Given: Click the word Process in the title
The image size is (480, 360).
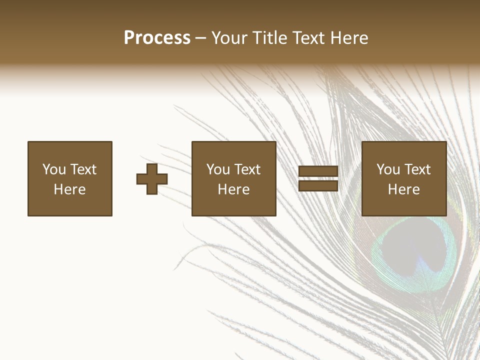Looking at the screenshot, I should click(157, 38).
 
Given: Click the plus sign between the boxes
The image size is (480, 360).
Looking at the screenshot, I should click(152, 179).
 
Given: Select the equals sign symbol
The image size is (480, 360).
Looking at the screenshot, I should click(318, 179).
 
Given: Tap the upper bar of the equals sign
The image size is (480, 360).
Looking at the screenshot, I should click(318, 171).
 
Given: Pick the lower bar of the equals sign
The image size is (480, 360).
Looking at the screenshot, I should click(318, 186).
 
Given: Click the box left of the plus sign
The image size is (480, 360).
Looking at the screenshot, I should click(70, 179).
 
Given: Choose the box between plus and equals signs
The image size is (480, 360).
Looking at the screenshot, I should click(233, 179).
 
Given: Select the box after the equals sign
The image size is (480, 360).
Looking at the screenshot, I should click(403, 179).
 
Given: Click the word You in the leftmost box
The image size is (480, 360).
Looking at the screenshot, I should click(54, 169).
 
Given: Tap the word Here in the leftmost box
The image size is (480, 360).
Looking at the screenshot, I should click(70, 189).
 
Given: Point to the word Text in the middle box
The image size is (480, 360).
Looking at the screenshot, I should click(247, 169).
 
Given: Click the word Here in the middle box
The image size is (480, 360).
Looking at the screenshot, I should click(233, 189).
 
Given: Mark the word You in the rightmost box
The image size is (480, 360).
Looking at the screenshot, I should click(388, 169).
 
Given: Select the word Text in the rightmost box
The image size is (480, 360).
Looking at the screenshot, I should click(417, 169).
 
